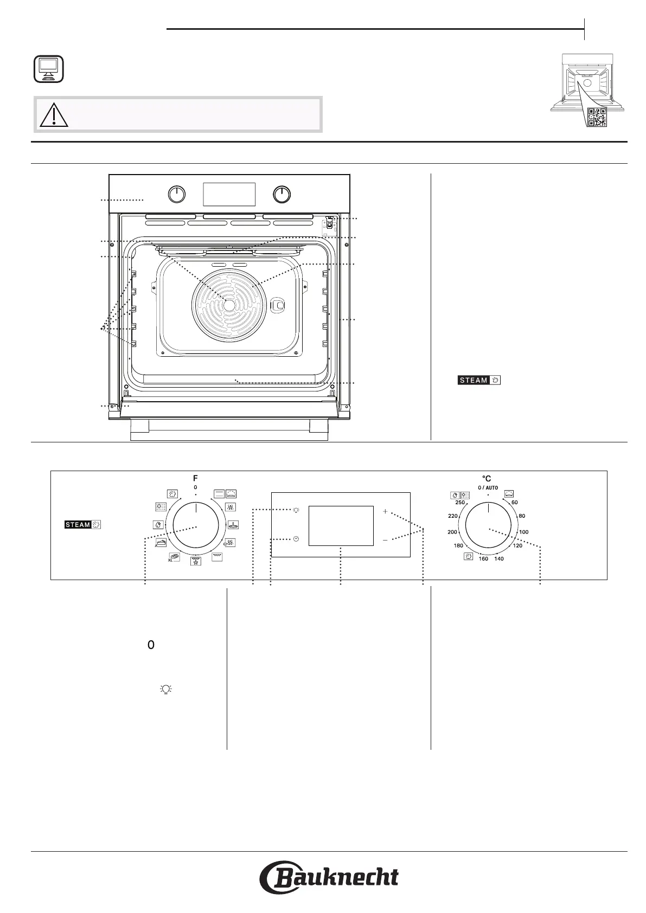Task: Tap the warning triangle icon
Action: click(54, 115)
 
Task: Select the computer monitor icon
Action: click(48, 69)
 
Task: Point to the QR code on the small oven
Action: click(598, 118)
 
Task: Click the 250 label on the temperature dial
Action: click(460, 502)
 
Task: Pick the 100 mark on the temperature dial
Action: click(523, 532)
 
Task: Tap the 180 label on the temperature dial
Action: click(458, 545)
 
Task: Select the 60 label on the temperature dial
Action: click(515, 502)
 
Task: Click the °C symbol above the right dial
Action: click(487, 479)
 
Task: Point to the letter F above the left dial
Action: click(195, 479)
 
